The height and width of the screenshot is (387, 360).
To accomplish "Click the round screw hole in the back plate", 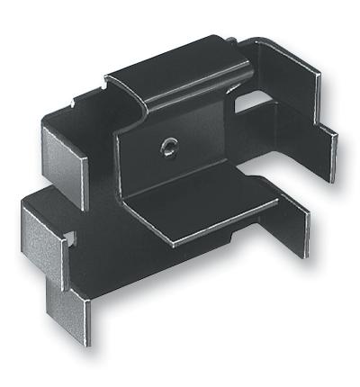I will point(168,145).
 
